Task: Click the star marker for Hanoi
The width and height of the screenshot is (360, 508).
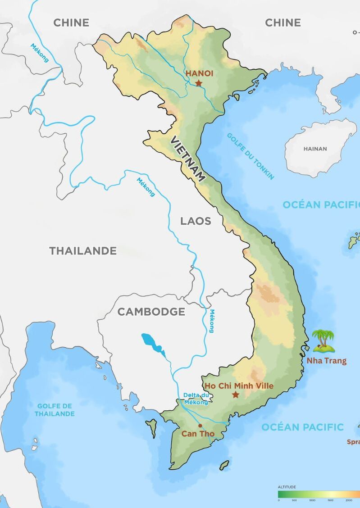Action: click(x=199, y=83)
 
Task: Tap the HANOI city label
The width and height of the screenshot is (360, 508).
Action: click(x=200, y=73)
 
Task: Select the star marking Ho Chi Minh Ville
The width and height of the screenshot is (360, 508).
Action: click(x=235, y=395)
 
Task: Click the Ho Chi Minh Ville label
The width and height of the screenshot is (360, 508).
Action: click(x=239, y=386)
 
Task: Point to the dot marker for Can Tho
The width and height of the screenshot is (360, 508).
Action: click(x=200, y=425)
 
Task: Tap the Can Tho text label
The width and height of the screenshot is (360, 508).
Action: click(x=198, y=434)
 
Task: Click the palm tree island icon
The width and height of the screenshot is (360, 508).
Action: click(x=324, y=341)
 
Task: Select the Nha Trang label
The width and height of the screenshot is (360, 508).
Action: click(x=327, y=361)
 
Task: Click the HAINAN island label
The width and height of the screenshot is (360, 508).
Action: click(x=315, y=149)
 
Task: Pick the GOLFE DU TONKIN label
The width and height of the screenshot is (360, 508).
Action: click(x=251, y=156)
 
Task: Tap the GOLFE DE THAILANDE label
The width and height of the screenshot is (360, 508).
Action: click(x=55, y=410)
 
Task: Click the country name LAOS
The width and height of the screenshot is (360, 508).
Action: click(x=196, y=221)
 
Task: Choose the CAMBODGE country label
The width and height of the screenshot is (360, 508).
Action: click(x=151, y=312)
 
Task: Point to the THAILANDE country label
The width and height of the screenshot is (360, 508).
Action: click(x=83, y=251)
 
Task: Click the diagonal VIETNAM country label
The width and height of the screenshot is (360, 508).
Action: click(x=187, y=159)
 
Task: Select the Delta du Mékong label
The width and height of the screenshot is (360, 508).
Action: click(x=196, y=399)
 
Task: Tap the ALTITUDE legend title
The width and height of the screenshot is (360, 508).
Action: click(x=287, y=487)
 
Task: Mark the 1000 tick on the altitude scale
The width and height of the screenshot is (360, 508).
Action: click(x=312, y=500)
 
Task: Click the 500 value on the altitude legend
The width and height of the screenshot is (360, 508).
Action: click(x=294, y=500)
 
